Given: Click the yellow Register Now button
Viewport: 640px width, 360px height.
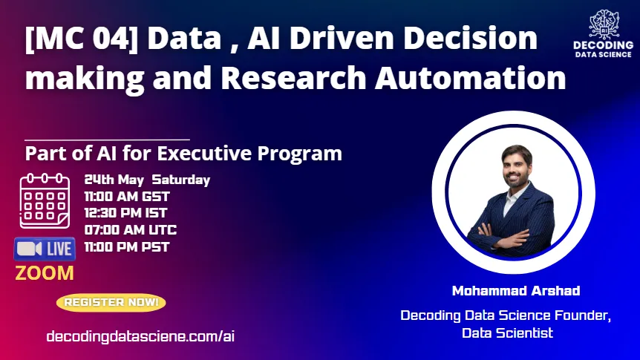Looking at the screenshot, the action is (111, 302).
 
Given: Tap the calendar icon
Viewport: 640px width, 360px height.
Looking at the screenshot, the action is (45, 200).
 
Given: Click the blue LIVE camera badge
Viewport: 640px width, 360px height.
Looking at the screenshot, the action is (45, 249).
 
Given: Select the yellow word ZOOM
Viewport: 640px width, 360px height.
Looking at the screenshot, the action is (45, 273).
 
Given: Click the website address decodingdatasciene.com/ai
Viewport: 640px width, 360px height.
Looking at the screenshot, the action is (140, 337).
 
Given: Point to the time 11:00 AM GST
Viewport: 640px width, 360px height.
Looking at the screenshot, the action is (127, 197).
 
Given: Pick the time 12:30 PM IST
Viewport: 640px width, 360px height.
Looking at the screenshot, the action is (125, 213).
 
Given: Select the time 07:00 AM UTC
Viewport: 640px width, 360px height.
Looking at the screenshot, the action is (131, 230).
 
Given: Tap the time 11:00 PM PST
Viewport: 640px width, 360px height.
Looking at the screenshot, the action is (127, 247).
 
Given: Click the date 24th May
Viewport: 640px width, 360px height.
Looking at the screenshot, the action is (114, 180).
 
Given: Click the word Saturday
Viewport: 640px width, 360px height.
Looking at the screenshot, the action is (181, 180).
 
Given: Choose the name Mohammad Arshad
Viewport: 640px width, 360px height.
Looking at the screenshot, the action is (516, 291).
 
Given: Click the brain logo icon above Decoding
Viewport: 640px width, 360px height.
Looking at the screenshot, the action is (604, 24).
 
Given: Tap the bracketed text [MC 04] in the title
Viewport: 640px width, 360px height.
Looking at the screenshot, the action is (82, 39).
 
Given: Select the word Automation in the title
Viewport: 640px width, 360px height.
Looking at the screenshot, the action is (471, 77).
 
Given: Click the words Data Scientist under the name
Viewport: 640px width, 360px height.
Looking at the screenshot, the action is (507, 333).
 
